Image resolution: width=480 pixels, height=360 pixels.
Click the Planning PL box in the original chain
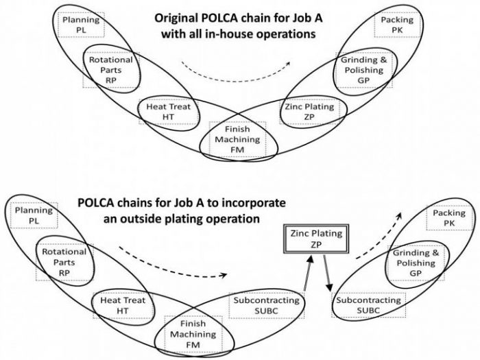point(82,25)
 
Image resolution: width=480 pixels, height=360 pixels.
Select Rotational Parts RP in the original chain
point(110,70)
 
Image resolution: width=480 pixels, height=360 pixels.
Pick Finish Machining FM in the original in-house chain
point(233,140)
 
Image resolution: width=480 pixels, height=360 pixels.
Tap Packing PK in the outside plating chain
point(448,219)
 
